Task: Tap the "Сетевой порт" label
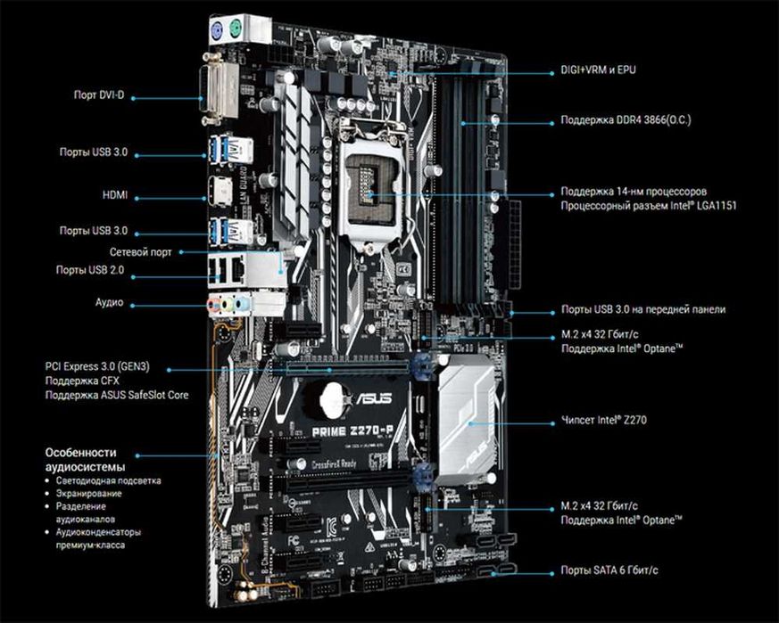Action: (141, 252)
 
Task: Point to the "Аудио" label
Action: (109, 303)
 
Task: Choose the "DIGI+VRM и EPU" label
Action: (598, 69)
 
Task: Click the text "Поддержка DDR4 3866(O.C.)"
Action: (626, 119)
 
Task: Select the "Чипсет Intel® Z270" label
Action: (604, 417)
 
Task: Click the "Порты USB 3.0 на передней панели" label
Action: (642, 309)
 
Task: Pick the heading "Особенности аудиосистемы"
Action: (84, 459)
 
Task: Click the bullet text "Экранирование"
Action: (87, 493)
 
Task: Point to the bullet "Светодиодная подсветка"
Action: (109, 480)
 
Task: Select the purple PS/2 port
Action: (216, 29)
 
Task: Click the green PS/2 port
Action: (236, 26)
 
